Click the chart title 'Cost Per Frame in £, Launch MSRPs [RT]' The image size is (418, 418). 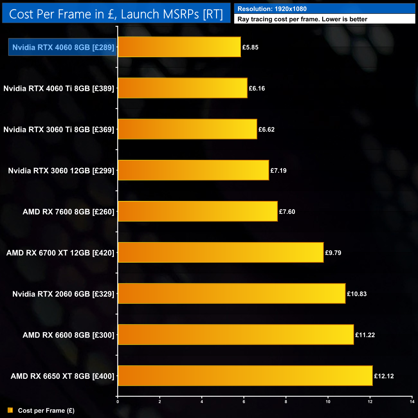(116, 14)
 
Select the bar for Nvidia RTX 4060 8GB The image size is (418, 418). (179, 47)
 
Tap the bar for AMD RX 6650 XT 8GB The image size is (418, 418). (245, 376)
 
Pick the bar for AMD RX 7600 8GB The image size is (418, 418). (197, 211)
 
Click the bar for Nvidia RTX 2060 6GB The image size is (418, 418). (232, 293)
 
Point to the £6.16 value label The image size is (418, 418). (257, 88)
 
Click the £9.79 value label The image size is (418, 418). (333, 253)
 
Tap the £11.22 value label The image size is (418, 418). (365, 335)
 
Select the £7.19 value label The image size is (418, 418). (278, 170)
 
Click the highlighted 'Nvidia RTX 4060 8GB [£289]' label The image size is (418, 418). (63, 47)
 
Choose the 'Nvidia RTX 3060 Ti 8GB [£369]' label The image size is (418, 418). (59, 130)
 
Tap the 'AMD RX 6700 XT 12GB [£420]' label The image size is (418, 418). (60, 253)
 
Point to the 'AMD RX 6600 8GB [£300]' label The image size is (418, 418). (68, 335)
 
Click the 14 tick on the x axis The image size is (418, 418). (412, 402)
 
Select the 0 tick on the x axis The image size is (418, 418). (118, 402)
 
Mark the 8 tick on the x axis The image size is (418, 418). (286, 402)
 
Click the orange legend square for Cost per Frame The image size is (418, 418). (10, 410)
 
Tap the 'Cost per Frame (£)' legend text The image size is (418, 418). (46, 411)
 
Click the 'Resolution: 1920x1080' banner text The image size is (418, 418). (272, 9)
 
